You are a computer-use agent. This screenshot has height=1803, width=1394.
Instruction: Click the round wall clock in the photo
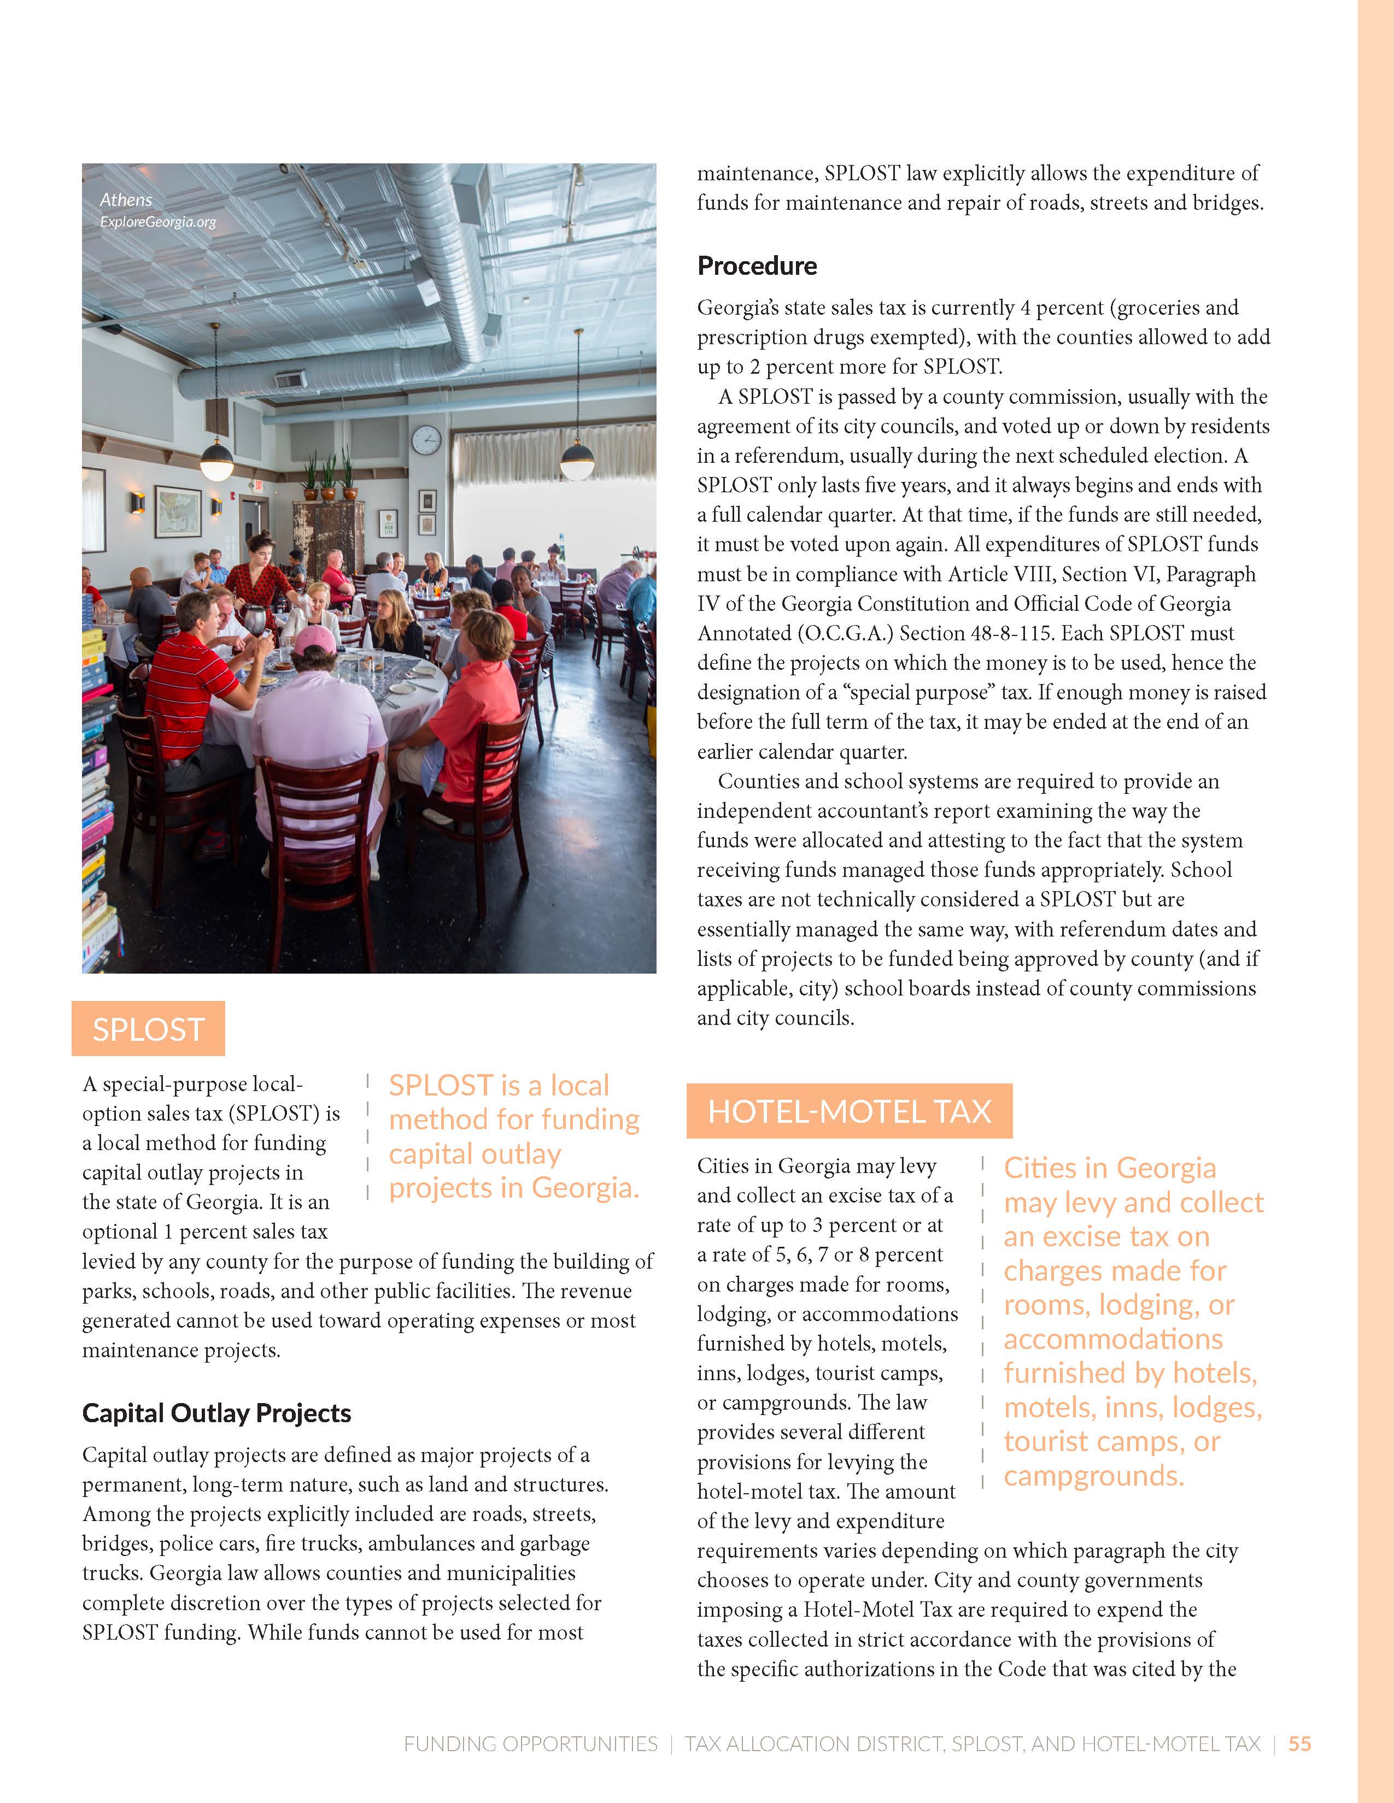click(426, 439)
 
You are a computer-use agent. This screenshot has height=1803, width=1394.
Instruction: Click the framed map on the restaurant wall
click(178, 512)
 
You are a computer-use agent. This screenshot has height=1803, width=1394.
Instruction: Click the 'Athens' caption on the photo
click(126, 200)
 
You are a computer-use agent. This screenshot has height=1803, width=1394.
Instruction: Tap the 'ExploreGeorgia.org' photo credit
click(158, 222)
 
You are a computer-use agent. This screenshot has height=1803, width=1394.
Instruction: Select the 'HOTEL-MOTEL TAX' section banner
click(849, 1111)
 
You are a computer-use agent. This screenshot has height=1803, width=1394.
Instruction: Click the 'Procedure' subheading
click(757, 266)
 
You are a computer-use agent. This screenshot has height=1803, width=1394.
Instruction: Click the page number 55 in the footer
click(1300, 1743)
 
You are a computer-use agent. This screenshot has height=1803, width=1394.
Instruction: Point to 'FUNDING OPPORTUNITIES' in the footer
click(530, 1743)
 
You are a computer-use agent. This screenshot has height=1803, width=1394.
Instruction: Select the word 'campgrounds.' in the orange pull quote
click(1093, 1475)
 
